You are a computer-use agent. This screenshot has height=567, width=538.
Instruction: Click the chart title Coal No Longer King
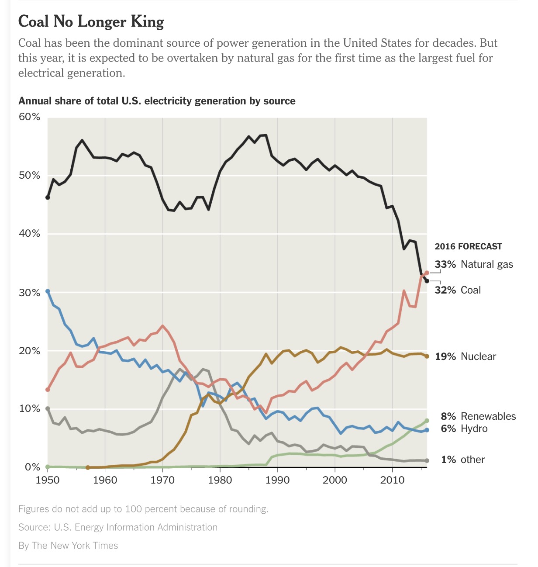[91, 21]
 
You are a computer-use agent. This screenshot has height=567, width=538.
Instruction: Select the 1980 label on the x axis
[220, 480]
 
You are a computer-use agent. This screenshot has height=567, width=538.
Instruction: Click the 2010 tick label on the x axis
[392, 480]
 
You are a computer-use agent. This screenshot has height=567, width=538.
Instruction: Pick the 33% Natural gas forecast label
[474, 264]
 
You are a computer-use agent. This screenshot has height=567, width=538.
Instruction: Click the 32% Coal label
[458, 290]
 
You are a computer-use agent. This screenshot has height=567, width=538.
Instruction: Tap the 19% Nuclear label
[466, 356]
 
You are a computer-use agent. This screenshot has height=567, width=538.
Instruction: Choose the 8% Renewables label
[478, 416]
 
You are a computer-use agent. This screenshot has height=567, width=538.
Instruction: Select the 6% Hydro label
[464, 429]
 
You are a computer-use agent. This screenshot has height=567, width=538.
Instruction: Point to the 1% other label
[463, 460]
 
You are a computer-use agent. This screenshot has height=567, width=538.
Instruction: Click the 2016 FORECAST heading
[468, 246]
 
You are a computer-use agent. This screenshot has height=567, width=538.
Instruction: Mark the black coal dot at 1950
[48, 197]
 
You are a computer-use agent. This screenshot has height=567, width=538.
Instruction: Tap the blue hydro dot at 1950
[48, 291]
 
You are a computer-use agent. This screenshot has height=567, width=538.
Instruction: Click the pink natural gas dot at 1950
[48, 390]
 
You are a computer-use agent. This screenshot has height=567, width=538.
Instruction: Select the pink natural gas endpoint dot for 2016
[427, 273]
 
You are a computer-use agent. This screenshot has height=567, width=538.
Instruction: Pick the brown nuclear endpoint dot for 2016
[427, 356]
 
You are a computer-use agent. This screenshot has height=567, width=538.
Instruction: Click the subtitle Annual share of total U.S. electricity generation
[157, 101]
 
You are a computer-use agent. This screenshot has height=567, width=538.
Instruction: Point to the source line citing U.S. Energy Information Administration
[118, 527]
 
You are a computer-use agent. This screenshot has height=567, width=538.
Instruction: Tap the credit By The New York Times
[68, 546]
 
